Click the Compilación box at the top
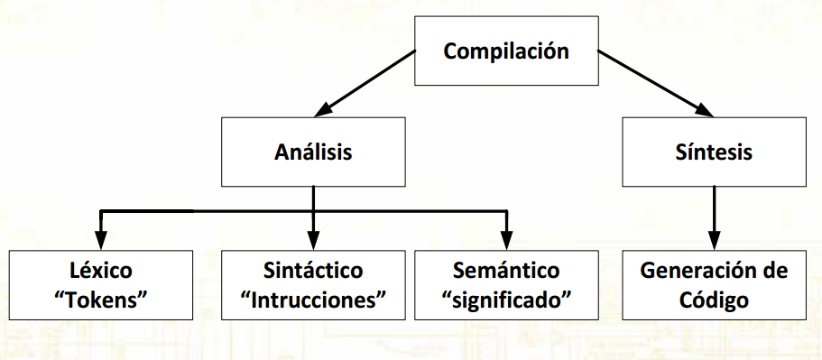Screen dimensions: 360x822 tap(505, 51)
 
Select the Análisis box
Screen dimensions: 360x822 tap(312, 152)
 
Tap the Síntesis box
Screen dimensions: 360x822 tap(713, 152)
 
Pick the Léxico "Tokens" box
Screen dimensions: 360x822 tap(100, 285)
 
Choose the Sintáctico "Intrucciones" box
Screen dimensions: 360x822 tap(313, 285)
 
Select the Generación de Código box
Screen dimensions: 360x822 tap(713, 285)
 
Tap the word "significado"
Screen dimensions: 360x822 tap(510, 300)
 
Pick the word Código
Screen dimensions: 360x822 tap(713, 300)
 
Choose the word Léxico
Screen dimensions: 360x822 tap(100, 271)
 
